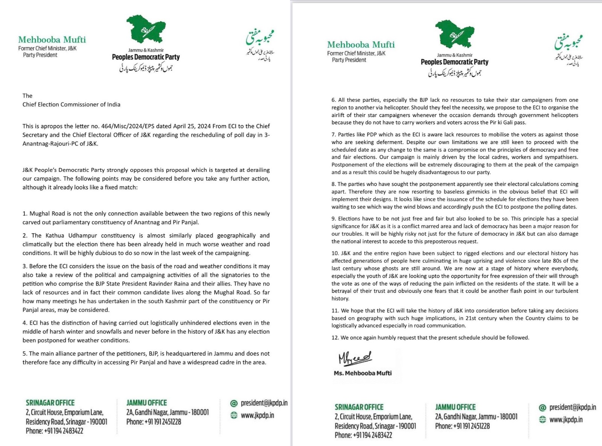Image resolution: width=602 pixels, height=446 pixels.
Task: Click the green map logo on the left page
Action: (x=146, y=29)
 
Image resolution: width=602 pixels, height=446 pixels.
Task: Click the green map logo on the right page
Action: (x=455, y=34)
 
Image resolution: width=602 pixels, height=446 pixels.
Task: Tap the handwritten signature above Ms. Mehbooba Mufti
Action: (x=355, y=358)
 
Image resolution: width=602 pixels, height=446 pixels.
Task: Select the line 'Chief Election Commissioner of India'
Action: (x=71, y=104)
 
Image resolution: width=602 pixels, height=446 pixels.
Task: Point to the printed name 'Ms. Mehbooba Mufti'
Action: (x=363, y=373)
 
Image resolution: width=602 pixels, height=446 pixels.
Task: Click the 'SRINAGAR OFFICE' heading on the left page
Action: (x=50, y=403)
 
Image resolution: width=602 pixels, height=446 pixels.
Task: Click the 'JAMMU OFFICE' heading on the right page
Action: (x=455, y=407)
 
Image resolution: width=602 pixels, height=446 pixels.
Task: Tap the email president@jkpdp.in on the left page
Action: (x=264, y=403)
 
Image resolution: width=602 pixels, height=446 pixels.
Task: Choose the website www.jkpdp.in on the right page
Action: (x=566, y=420)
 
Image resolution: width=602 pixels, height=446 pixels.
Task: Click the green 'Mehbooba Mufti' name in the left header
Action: (x=52, y=40)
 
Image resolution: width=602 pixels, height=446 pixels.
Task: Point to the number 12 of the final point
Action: (x=335, y=338)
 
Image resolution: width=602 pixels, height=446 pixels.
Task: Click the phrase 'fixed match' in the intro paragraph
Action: (x=121, y=187)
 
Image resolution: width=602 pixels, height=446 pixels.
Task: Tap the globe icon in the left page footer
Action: (x=234, y=415)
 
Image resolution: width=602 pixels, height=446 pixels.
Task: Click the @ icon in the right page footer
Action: (x=542, y=408)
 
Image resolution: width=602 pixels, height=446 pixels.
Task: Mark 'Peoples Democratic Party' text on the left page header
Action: (x=146, y=57)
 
